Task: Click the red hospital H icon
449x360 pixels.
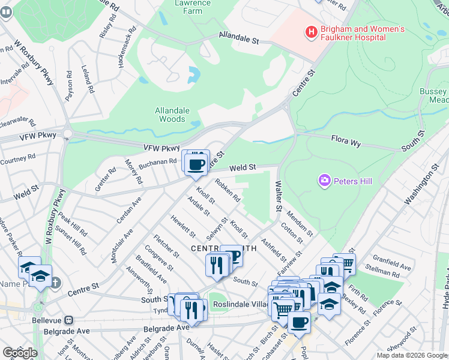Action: tap(311, 32)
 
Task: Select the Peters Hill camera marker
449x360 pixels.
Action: tap(325, 180)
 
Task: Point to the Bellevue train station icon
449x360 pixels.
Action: tap(69, 320)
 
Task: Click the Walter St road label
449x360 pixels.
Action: tap(278, 196)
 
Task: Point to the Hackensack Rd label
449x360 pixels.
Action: tap(125, 46)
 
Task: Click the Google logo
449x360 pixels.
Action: tap(19, 352)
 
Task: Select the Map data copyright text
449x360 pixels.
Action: tap(411, 355)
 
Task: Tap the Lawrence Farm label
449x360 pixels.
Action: tap(192, 7)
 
